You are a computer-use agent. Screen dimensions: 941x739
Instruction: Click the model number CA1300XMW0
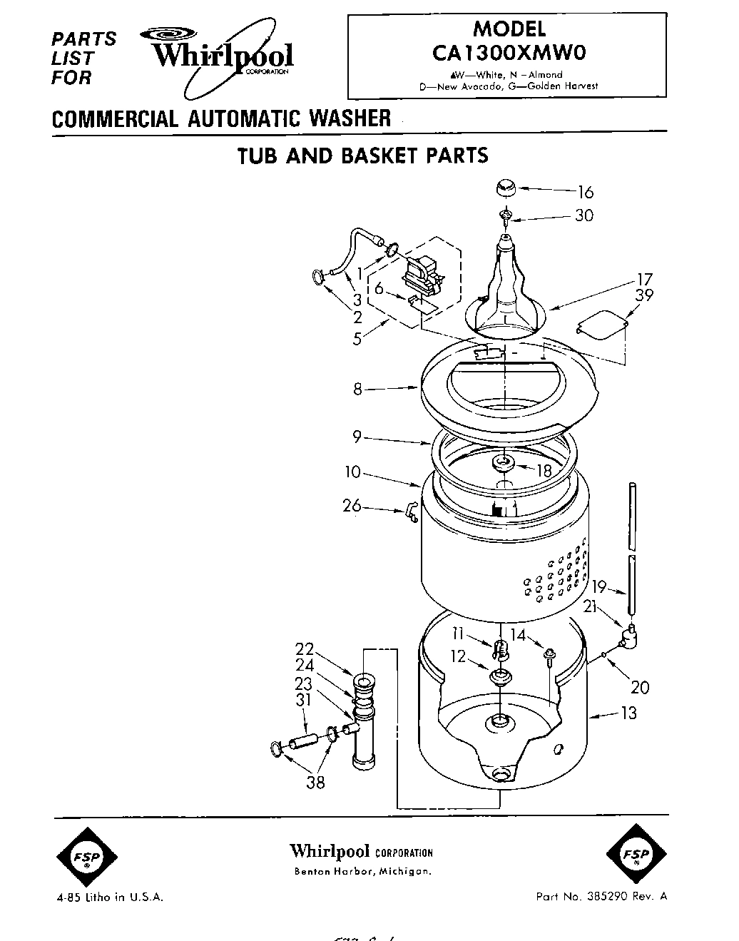[509, 52]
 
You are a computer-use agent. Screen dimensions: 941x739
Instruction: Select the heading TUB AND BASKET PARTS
[362, 155]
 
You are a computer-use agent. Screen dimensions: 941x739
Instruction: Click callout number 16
[585, 192]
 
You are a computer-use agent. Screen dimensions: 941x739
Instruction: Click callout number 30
[583, 215]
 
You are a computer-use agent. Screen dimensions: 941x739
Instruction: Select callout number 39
[644, 295]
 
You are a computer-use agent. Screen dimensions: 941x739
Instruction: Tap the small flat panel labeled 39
[601, 325]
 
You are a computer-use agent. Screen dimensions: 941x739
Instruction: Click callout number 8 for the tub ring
[357, 390]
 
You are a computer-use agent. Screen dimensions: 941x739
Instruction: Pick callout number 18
[544, 469]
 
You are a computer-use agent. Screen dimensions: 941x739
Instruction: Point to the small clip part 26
[411, 512]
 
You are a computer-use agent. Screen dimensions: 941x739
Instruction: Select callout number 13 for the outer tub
[628, 713]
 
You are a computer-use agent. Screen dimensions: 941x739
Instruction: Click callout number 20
[640, 687]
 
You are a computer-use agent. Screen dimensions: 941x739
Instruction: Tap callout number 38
[315, 783]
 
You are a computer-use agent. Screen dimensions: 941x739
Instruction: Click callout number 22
[305, 649]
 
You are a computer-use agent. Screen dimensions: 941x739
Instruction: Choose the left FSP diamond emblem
[86, 857]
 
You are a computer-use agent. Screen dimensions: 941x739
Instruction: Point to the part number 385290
[621, 897]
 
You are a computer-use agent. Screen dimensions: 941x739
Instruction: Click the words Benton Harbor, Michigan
[362, 872]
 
